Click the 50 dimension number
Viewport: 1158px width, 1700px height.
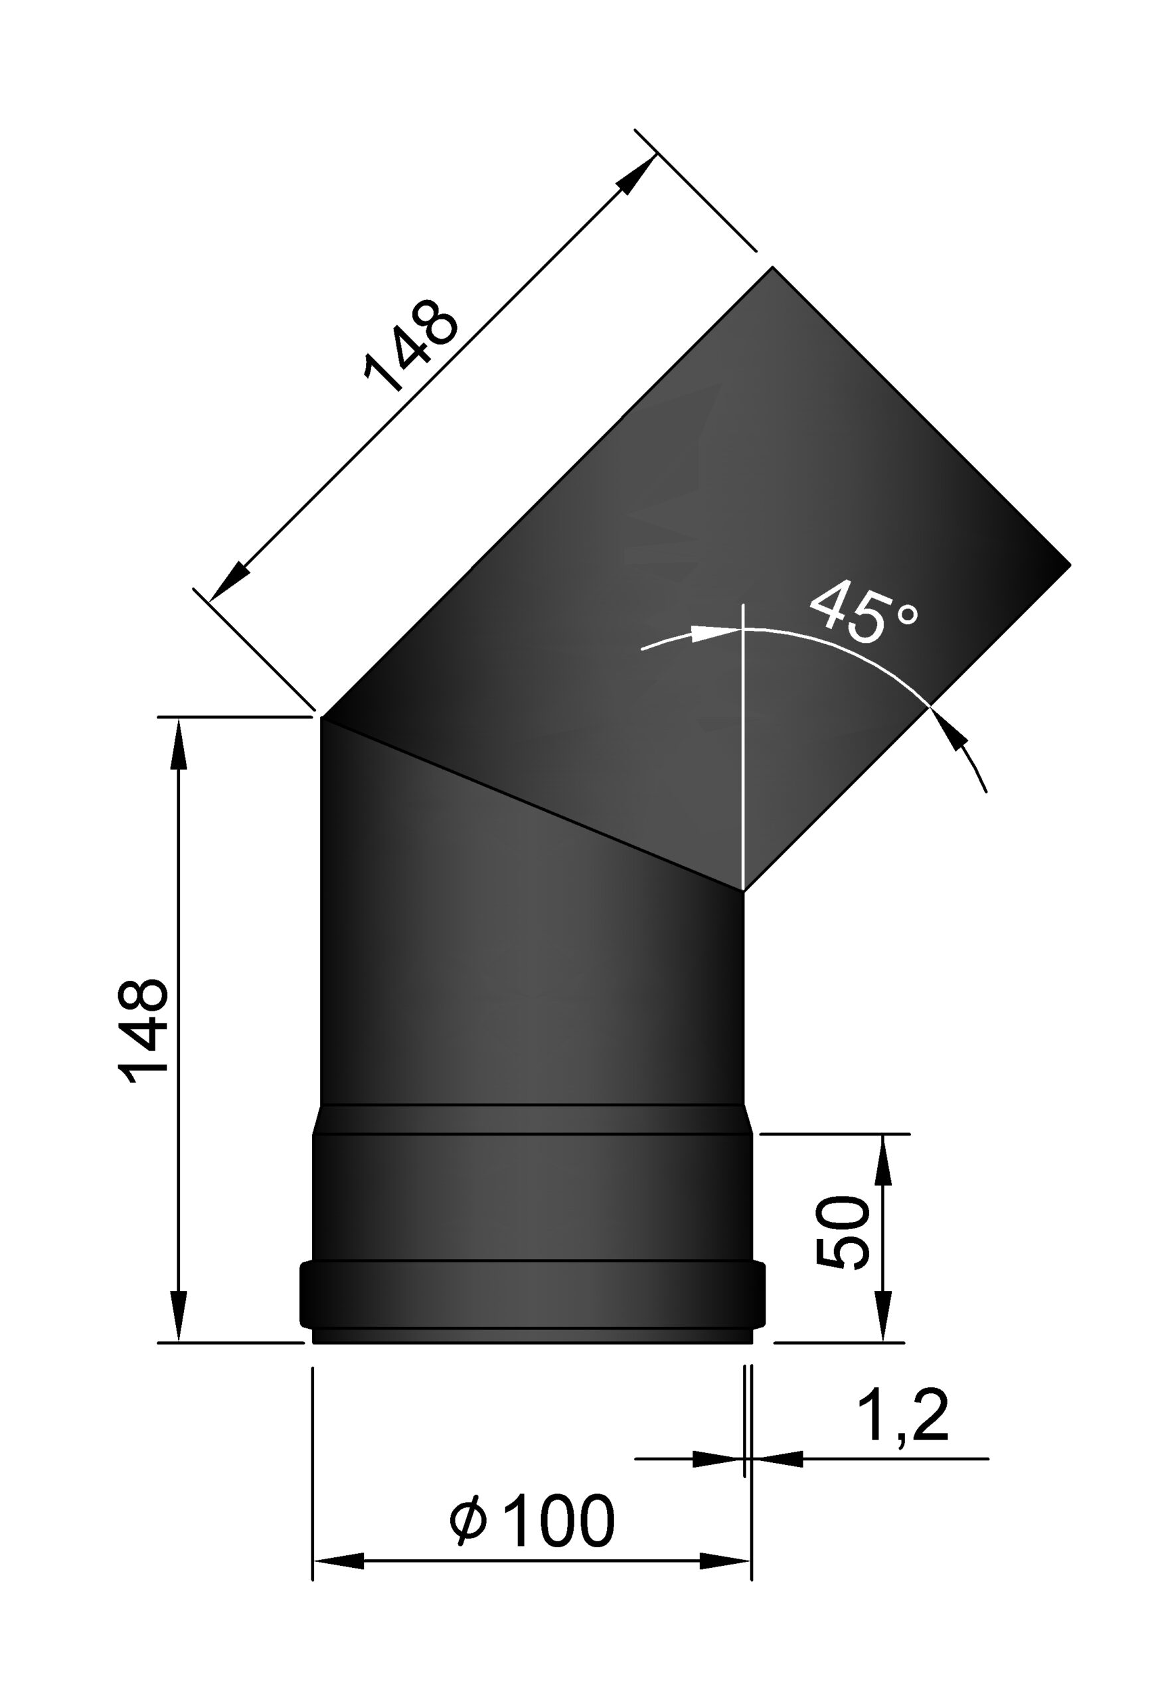pyautogui.click(x=842, y=1232)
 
